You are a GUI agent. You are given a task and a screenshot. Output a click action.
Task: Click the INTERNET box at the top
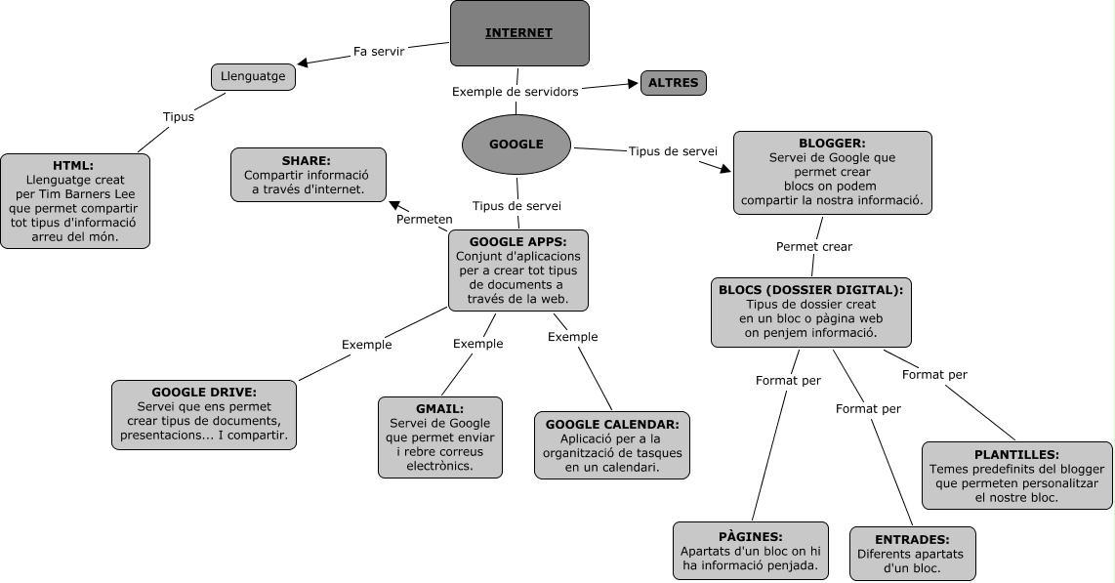pos(519,33)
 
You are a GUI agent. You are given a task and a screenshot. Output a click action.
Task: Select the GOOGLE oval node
pos(516,144)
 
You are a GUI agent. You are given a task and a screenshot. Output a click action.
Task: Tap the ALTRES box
pos(673,83)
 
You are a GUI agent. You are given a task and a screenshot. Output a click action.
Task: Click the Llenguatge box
pos(253,76)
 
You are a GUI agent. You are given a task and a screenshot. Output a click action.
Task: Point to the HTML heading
pos(74,165)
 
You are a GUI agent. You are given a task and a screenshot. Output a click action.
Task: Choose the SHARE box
pos(308,175)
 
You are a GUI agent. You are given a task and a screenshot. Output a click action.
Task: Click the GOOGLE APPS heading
pos(517,241)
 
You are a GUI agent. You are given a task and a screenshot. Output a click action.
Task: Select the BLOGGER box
pos(832,173)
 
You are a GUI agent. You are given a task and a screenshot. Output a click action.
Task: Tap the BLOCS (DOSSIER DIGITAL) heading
pos(810,290)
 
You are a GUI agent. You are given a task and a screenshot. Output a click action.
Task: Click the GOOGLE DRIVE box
pos(203,414)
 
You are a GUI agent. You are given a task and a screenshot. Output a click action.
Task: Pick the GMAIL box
pos(439,437)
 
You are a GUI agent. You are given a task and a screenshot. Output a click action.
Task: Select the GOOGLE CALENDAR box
pos(611,445)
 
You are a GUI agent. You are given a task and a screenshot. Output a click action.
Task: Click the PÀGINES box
pos(751,551)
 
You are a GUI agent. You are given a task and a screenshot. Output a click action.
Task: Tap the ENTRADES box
pos(912,554)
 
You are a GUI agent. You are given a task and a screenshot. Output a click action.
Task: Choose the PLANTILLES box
pos(1016,476)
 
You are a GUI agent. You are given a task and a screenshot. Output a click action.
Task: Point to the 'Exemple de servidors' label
pos(516,92)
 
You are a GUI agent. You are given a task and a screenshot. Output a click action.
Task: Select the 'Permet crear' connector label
pos(813,246)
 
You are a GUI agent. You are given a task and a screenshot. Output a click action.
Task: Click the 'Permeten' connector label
pos(424,219)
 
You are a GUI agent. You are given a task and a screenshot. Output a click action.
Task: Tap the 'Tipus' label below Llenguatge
pos(178,116)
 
